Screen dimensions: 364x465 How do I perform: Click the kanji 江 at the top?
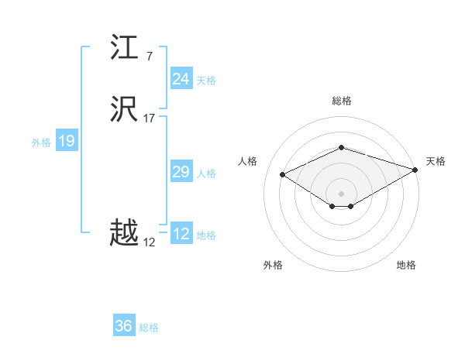[125, 48]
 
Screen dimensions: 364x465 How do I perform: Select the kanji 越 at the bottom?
[125, 233]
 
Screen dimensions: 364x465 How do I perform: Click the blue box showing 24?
[181, 79]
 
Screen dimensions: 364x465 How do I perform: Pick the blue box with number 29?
[181, 172]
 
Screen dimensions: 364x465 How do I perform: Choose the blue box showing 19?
[66, 141]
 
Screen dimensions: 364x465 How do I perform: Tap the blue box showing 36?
[124, 326]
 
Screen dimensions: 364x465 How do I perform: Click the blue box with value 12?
[181, 234]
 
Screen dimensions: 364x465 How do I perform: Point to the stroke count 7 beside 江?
[149, 56]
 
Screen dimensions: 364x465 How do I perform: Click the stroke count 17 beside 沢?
[150, 118]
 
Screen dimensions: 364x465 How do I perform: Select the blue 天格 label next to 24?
[206, 81]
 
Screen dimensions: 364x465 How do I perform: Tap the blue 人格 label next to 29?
[206, 173]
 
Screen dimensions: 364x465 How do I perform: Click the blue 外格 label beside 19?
[41, 143]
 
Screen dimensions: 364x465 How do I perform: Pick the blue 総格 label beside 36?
[150, 328]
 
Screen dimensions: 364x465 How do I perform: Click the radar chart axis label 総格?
[341, 101]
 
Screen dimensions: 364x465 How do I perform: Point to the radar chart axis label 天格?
[436, 161]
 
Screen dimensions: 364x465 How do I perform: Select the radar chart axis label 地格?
[406, 265]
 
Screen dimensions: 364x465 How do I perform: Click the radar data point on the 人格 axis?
[283, 174]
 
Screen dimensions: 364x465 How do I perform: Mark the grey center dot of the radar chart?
[341, 193]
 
